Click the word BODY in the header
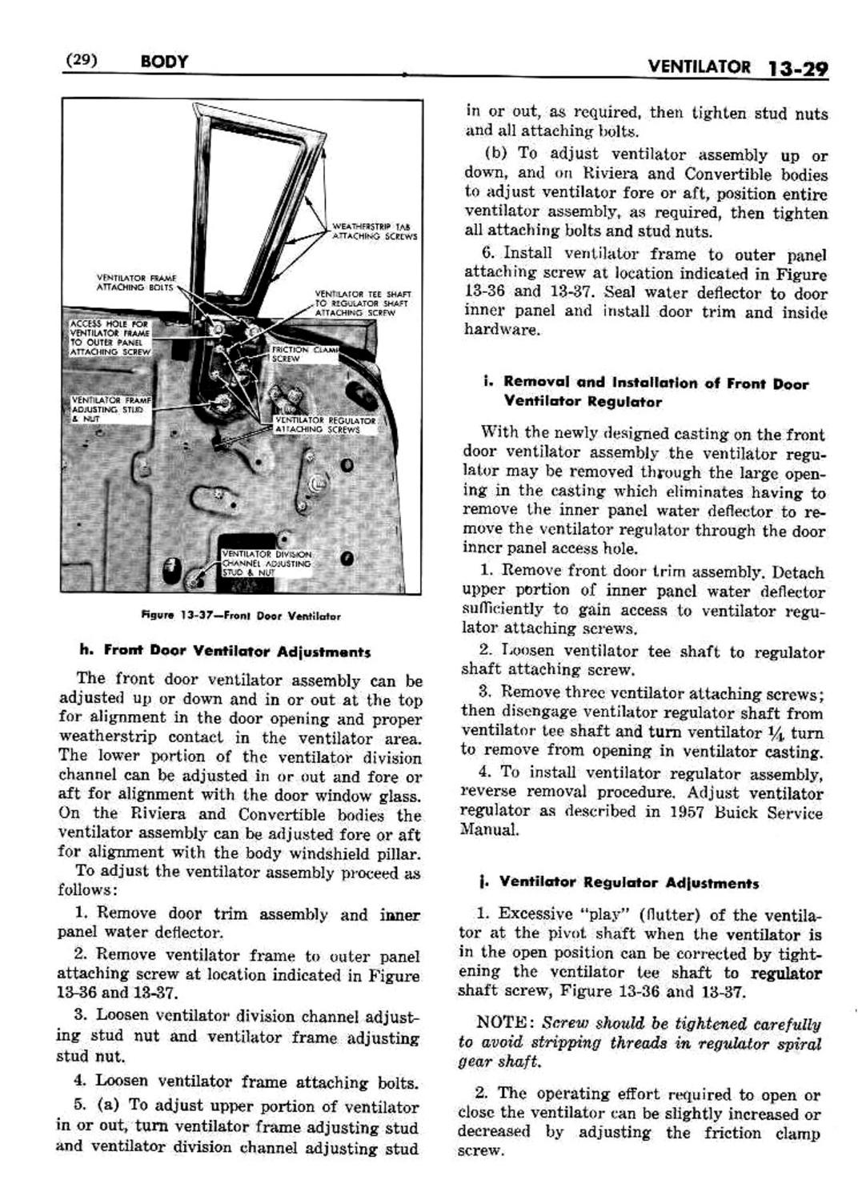tap(163, 62)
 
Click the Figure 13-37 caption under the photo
tap(240, 616)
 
